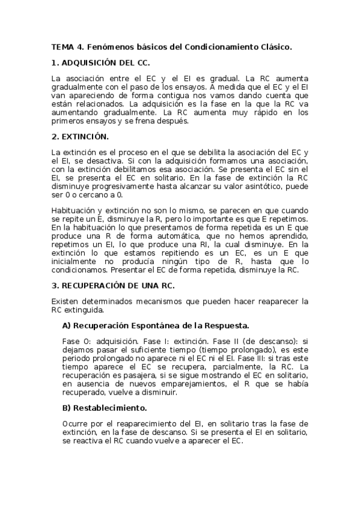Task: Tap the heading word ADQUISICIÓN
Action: click(x=92, y=63)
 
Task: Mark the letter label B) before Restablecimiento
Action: click(x=67, y=407)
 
